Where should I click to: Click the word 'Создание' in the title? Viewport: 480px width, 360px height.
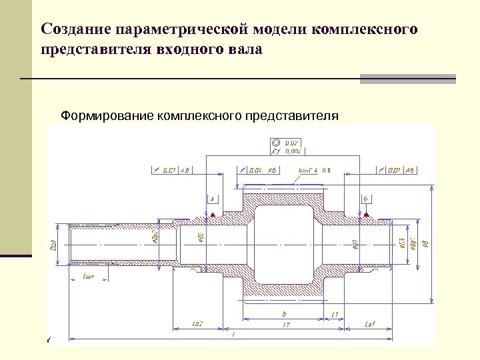point(75,29)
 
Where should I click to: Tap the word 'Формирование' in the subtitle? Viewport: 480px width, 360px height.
point(107,116)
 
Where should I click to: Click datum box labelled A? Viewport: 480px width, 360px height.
point(213,199)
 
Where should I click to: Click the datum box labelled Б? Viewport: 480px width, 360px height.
point(366,199)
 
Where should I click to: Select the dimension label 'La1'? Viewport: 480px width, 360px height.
point(371,324)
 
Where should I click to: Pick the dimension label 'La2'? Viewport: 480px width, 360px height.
point(197,324)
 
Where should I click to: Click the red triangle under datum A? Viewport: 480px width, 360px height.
point(213,215)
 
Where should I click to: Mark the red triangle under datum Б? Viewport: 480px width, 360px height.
point(366,215)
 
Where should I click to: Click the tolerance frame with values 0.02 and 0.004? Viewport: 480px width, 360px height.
point(286,147)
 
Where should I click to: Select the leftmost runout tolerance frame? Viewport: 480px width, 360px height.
point(172,170)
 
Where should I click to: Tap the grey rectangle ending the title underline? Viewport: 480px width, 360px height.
point(407,79)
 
